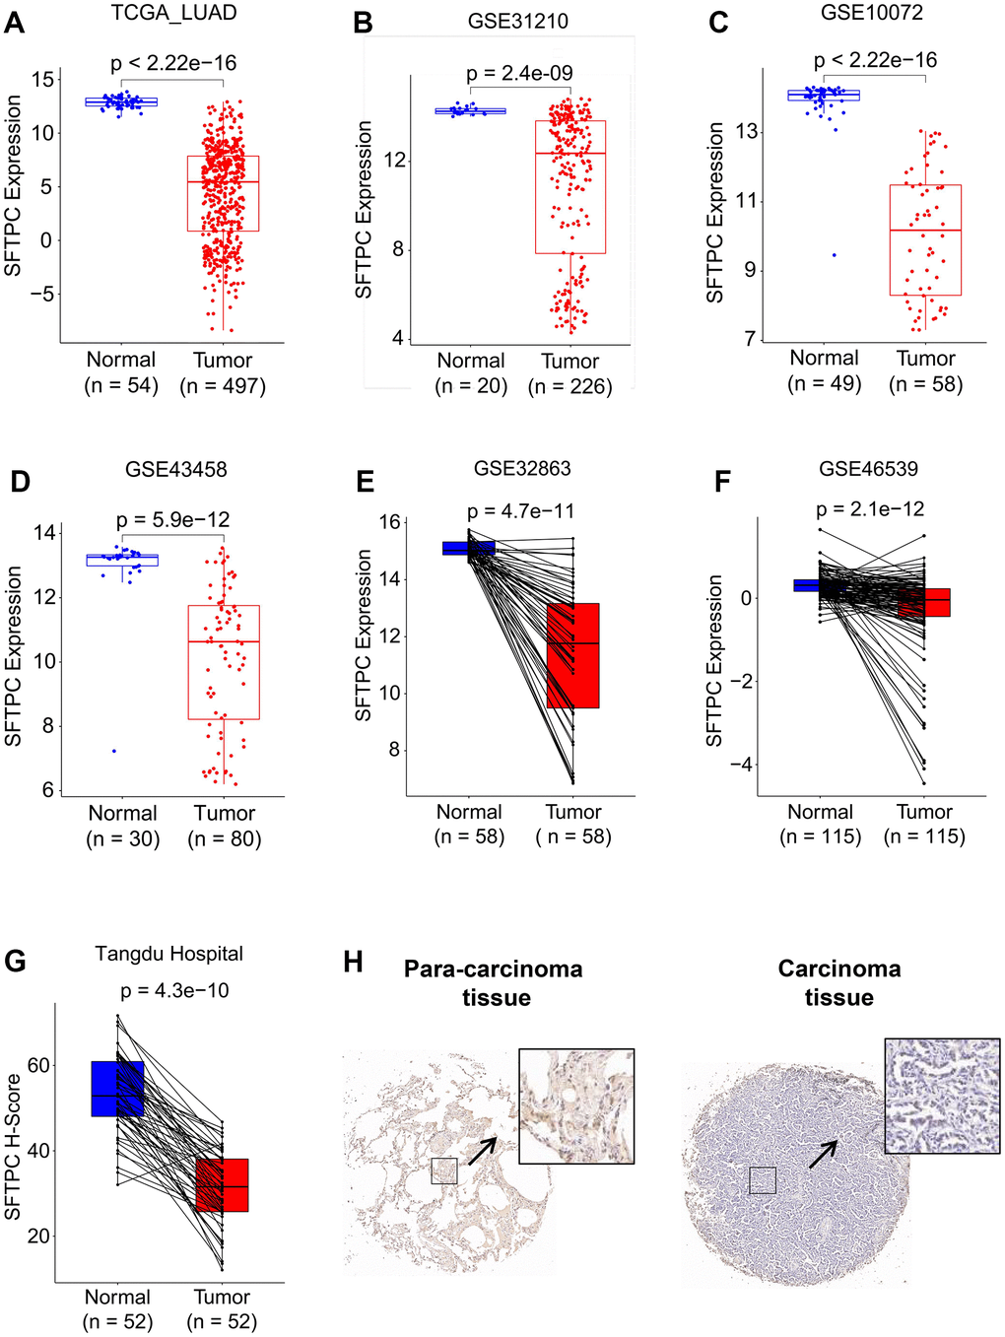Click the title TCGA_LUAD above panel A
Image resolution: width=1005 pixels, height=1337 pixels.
pos(174,14)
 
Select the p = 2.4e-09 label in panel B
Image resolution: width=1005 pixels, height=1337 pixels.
pos(519,73)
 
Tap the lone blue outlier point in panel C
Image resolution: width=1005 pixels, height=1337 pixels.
pos(835,255)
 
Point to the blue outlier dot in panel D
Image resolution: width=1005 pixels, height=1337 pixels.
pos(114,751)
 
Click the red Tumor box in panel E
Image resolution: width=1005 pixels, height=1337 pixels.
pos(572,655)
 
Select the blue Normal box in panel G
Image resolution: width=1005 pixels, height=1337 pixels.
pos(117,1089)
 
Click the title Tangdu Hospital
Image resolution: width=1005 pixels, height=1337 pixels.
pos(169,954)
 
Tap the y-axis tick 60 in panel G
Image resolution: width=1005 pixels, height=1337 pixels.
pos(38,1065)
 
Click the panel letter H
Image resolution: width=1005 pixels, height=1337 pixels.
pos(354,963)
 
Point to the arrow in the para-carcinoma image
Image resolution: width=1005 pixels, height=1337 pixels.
pos(482,1150)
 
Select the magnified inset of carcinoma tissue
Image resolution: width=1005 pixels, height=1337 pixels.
pos(942,1095)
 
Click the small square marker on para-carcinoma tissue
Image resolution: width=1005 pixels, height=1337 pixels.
pos(444,1170)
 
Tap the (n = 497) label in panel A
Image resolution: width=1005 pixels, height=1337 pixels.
pos(223,386)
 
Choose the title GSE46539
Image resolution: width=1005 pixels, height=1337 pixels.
pos(868,469)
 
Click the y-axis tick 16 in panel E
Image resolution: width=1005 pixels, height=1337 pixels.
pos(390,522)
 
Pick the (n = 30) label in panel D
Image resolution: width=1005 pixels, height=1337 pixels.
pos(123,839)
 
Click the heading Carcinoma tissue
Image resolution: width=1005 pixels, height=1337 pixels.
pos(839,982)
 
